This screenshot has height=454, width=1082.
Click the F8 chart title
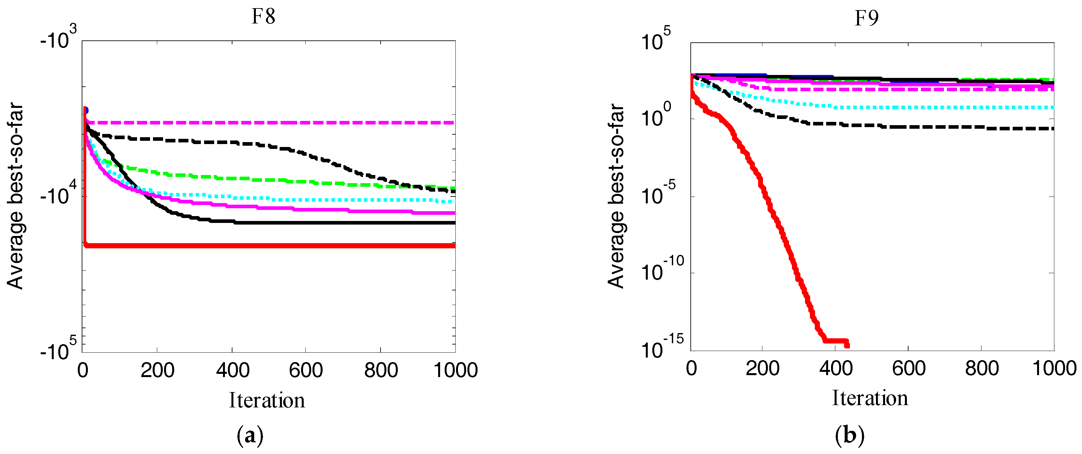point(263,17)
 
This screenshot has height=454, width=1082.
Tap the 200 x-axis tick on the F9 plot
point(762,369)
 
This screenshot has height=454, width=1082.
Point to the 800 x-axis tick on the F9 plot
point(982,369)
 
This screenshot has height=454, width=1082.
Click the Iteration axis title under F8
point(267,400)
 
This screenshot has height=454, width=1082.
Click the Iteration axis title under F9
point(870,398)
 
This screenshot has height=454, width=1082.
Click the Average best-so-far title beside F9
point(616,196)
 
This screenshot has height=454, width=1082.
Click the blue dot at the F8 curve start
point(85,110)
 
